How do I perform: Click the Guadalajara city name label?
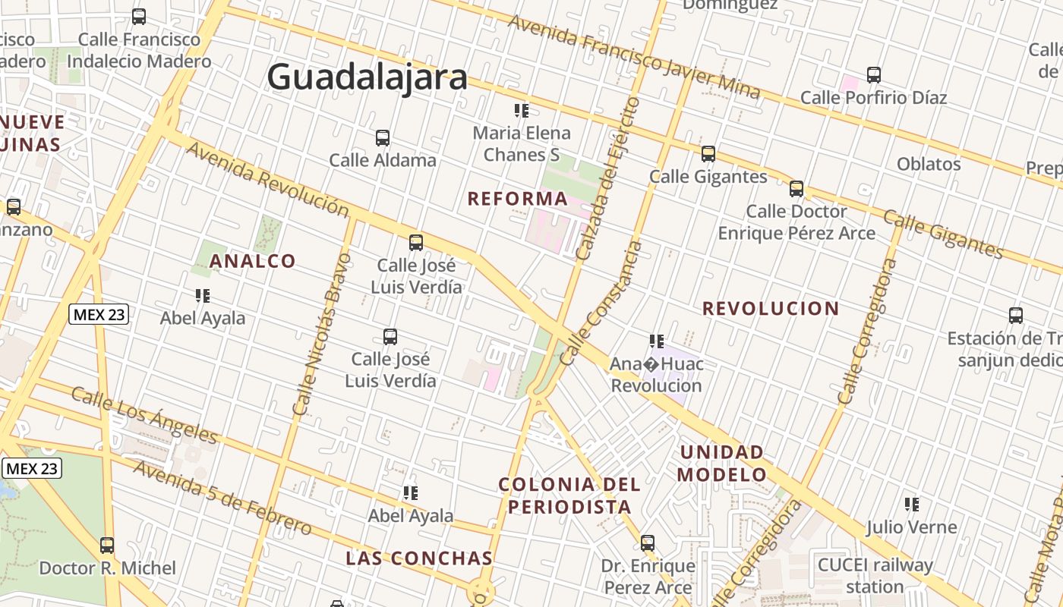coord(367,77)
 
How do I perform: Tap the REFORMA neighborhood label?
coord(517,199)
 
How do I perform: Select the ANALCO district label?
coord(252,261)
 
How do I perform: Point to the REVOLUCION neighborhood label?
coord(770,309)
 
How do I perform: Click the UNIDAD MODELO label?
coord(722,464)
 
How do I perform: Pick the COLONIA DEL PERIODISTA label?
coord(569,495)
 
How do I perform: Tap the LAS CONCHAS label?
coord(419,558)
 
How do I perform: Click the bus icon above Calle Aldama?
coord(383,138)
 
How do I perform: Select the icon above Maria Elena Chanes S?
coord(522,111)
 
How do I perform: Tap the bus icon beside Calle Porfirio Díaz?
coord(874,75)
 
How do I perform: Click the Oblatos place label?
coord(929,164)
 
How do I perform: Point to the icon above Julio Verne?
coord(912,504)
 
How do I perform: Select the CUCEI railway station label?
coord(875,576)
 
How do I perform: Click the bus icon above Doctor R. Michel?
coord(107,545)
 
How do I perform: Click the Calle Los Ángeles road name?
coord(144,415)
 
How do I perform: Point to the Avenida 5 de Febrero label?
coord(221,496)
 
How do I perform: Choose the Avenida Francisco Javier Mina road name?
coord(633,55)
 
